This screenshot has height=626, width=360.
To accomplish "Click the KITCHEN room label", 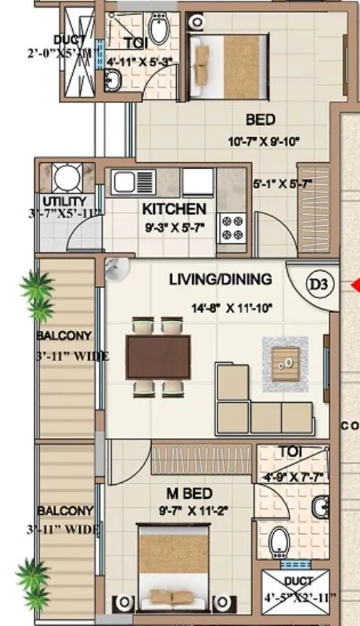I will click(175, 209).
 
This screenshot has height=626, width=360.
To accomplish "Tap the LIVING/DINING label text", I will click(221, 279).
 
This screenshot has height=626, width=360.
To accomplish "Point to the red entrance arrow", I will click(355, 284).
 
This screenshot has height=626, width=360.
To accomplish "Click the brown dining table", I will click(158, 356).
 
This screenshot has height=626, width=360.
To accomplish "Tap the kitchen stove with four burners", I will click(232, 227).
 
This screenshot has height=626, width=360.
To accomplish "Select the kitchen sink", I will click(124, 182).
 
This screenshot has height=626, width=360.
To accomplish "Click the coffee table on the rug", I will click(286, 361).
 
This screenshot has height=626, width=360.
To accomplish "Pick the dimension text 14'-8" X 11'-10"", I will click(221, 308).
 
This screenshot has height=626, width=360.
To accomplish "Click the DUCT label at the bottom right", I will click(299, 581).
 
